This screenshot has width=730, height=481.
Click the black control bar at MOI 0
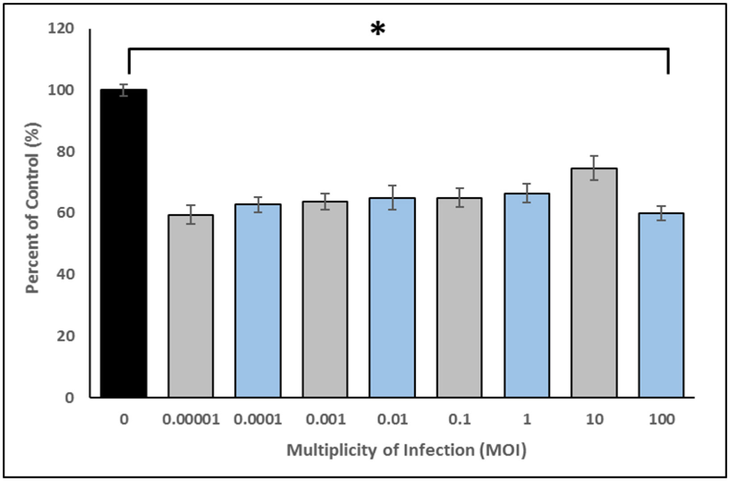tap(124, 244)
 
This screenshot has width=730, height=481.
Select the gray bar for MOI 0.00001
tap(191, 306)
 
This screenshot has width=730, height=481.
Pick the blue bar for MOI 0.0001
tap(258, 301)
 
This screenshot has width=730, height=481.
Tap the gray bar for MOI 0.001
tap(325, 300)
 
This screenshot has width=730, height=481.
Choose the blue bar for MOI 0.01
tap(392, 298)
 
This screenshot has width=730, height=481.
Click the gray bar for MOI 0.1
tap(460, 298)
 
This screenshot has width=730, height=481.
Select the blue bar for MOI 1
tap(527, 295)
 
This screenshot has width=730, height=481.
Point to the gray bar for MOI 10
tap(594, 283)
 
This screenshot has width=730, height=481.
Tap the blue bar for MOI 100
tap(661, 305)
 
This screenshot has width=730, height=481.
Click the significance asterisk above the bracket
tap(378, 30)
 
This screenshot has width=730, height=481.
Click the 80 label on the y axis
tap(66, 152)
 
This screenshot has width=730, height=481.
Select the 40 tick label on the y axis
tap(66, 274)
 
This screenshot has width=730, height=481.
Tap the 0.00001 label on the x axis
tap(191, 420)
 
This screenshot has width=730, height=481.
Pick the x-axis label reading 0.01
tap(392, 420)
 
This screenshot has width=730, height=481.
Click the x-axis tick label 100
tap(661, 420)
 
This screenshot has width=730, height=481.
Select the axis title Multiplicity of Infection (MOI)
tap(407, 450)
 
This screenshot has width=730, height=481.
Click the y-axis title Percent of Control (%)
tap(32, 208)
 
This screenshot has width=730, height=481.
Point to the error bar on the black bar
tap(124, 90)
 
